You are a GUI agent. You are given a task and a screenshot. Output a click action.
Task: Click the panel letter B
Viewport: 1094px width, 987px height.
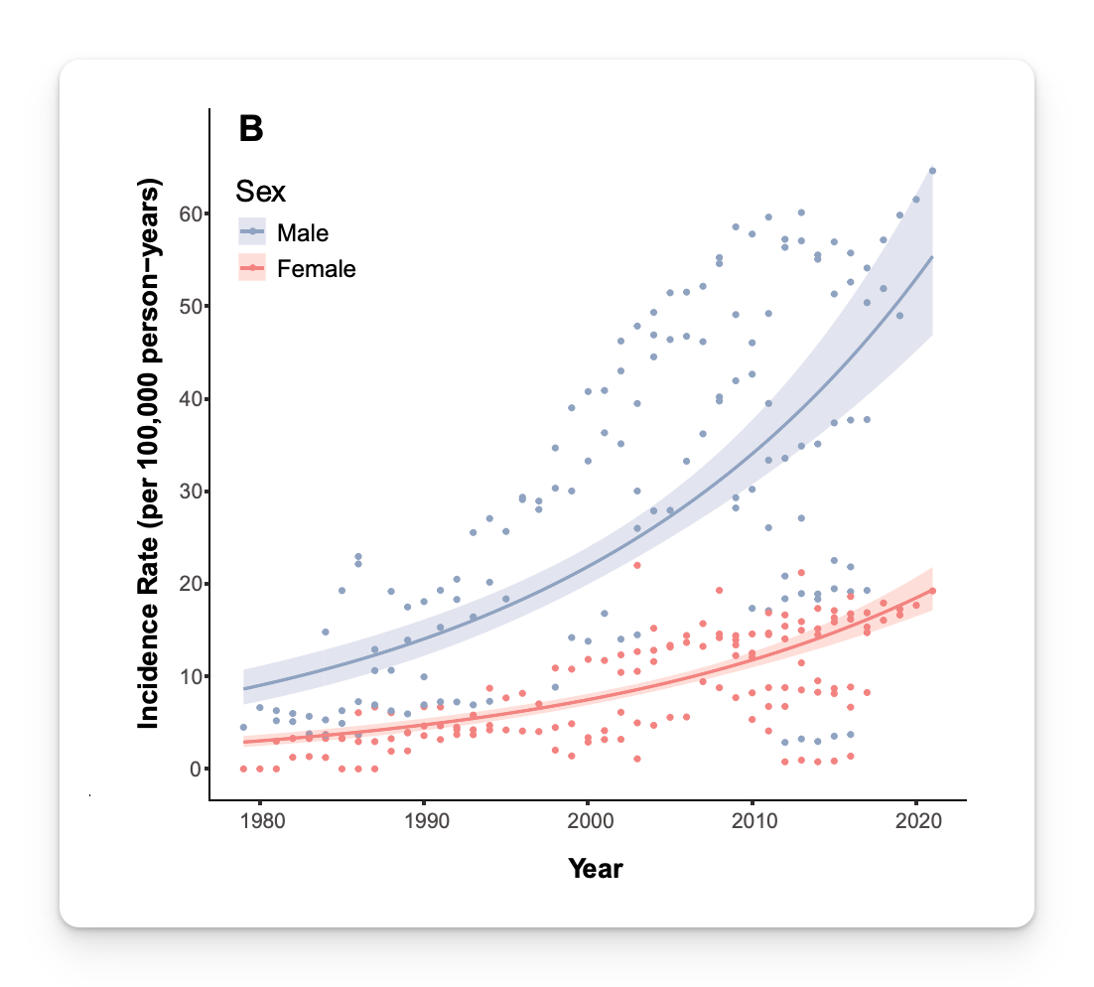click(x=251, y=129)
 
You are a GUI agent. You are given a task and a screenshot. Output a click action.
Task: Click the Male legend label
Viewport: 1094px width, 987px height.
click(x=303, y=233)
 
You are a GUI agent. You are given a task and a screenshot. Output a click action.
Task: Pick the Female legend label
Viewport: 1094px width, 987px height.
click(x=317, y=268)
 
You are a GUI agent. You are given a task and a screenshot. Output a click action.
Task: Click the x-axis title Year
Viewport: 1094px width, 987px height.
click(x=596, y=869)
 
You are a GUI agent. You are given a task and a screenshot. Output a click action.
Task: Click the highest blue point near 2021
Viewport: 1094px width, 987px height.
click(x=932, y=171)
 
